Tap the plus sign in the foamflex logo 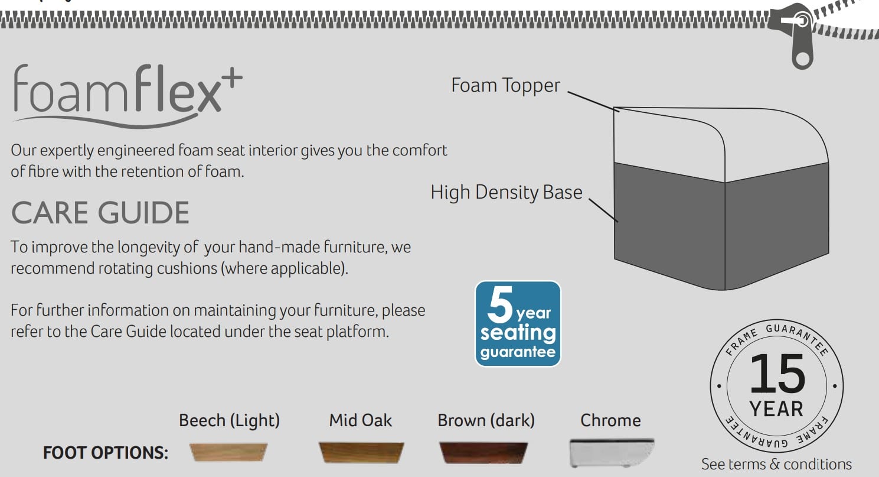(x=233, y=77)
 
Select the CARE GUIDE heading (x=100, y=213)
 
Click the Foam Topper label (x=505, y=86)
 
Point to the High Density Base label (x=507, y=193)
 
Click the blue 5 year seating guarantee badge (x=518, y=324)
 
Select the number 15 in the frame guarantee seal (x=777, y=374)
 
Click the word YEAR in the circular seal (x=776, y=409)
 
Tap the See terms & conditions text (x=776, y=465)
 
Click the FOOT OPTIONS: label (x=106, y=453)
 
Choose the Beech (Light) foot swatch (x=228, y=452)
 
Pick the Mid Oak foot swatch (x=361, y=452)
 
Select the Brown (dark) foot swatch (x=483, y=453)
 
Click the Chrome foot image (x=612, y=453)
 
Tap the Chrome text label (x=610, y=420)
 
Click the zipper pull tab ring (x=803, y=60)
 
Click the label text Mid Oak (x=360, y=420)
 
